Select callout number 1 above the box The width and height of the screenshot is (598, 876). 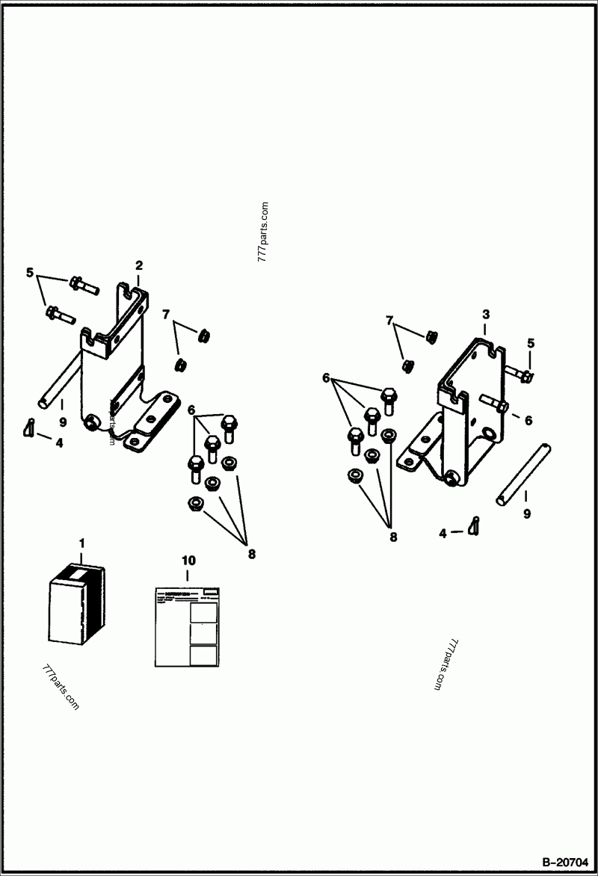[82, 541]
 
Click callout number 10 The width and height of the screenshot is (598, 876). [187, 559]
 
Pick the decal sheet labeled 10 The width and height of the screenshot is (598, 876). [187, 626]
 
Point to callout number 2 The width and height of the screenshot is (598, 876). [138, 265]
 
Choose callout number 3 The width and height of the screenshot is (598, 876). [485, 315]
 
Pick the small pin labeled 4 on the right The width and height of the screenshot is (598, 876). [474, 525]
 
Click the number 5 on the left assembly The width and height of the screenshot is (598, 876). [30, 273]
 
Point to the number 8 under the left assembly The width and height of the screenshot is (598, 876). [252, 554]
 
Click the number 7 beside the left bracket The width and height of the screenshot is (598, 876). [166, 313]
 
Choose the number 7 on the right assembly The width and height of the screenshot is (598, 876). [389, 321]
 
